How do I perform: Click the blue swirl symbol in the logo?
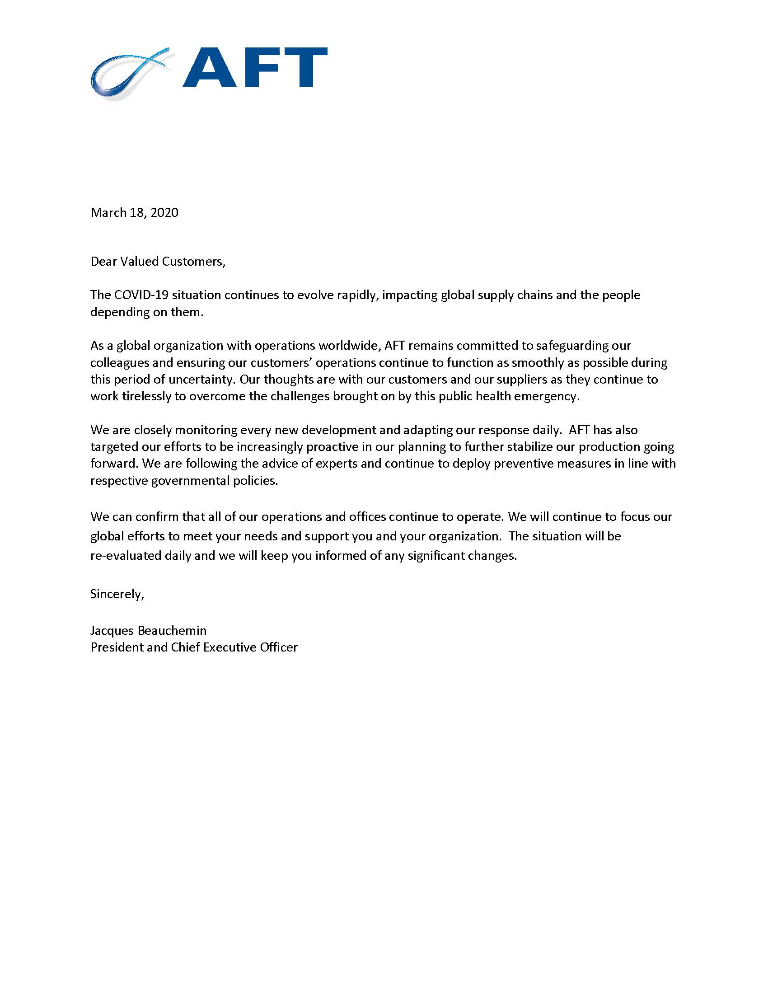click(x=130, y=73)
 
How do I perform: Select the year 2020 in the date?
click(x=164, y=212)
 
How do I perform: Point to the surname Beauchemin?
click(x=172, y=630)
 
